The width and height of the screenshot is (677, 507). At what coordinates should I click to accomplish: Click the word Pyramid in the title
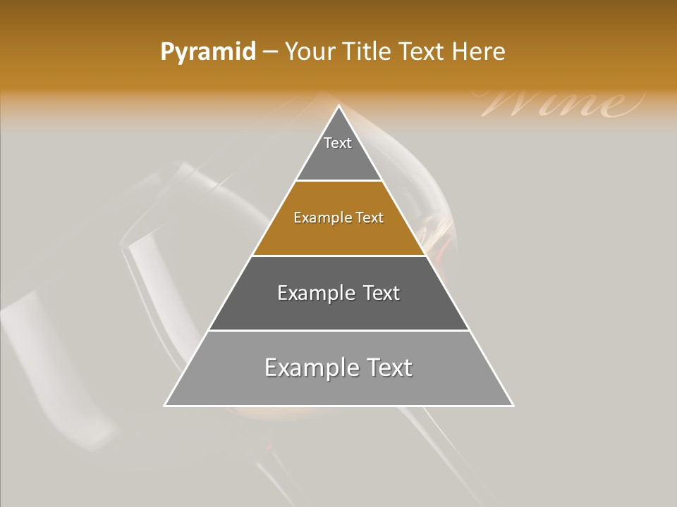click(x=207, y=52)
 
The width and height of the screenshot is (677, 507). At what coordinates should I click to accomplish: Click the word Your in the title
click(x=309, y=52)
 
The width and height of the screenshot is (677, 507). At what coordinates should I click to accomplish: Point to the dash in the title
click(x=270, y=52)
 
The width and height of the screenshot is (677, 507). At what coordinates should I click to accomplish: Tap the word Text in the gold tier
click(x=370, y=218)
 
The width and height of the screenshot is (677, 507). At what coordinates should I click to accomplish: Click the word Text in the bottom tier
click(x=390, y=368)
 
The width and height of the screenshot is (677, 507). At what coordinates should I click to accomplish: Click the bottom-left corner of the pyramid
click(x=166, y=405)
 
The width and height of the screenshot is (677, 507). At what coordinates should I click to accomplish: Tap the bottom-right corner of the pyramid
click(x=512, y=405)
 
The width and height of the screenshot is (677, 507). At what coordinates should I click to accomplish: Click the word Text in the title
click(x=424, y=52)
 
